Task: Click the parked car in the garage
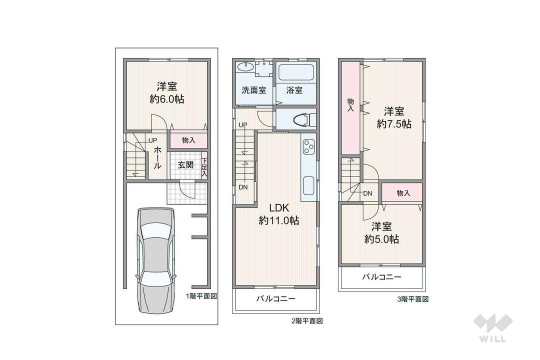point(156,253)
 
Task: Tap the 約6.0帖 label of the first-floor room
point(166,99)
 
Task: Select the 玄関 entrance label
point(185,164)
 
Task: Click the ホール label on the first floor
point(157,158)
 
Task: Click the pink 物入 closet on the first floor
point(188,141)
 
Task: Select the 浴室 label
point(294,90)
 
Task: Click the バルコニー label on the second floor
point(276,299)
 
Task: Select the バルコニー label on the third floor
point(381,277)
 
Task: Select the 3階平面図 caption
point(412,299)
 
